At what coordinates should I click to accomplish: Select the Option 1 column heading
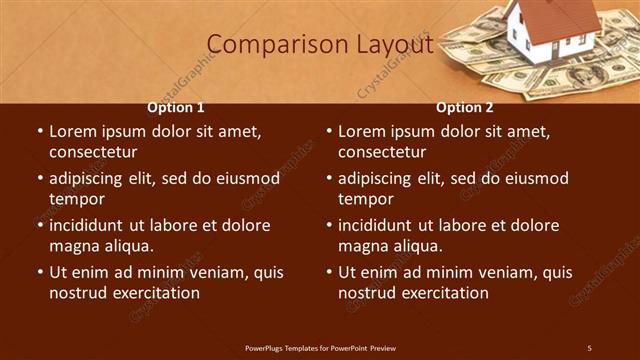pos(176,108)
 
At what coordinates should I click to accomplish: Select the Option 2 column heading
pos(465,108)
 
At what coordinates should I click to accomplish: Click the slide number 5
pos(589,347)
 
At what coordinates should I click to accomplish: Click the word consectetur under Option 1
pos(93,153)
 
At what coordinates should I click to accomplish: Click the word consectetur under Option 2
pos(382,153)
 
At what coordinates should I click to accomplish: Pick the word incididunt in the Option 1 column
pos(90,225)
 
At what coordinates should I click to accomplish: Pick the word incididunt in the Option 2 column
pos(379,225)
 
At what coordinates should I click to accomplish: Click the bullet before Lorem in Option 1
pos(40,132)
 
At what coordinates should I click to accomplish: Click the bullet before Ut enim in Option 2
pos(329,272)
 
